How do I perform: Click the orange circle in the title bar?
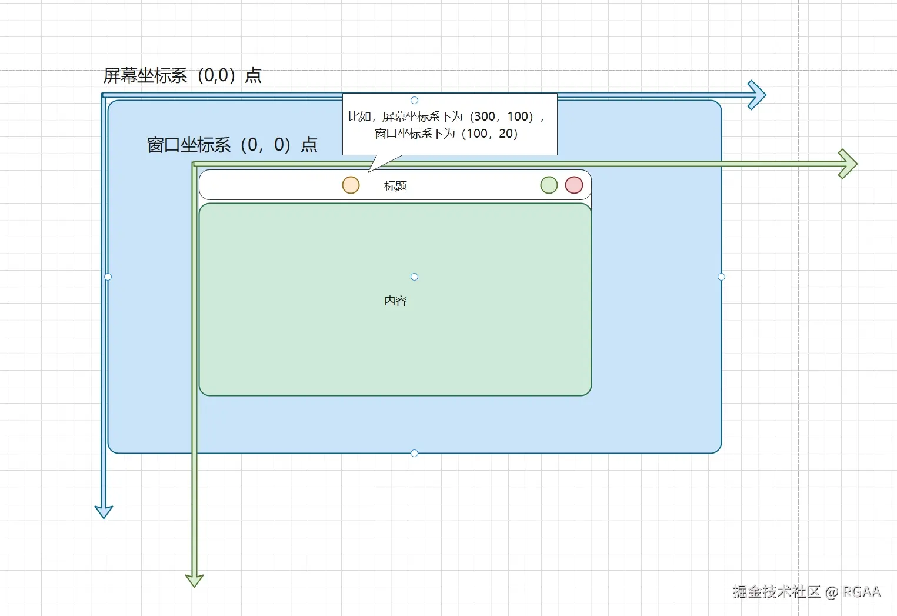[x=351, y=185]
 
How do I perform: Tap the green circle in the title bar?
[x=549, y=185]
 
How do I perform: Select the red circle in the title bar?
[x=574, y=185]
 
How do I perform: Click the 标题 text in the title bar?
[x=395, y=187]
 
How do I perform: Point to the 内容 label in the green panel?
[x=395, y=301]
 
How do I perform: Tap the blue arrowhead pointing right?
[x=757, y=95]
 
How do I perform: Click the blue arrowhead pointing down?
[x=104, y=511]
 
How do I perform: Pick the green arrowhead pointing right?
[x=848, y=164]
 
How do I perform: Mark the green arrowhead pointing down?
[x=194, y=580]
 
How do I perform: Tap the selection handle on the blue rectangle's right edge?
[x=721, y=277]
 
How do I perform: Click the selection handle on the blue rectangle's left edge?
[x=108, y=277]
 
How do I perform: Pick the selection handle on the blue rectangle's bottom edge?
[x=414, y=453]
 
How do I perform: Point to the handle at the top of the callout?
[x=414, y=101]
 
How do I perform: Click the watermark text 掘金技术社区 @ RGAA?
[x=806, y=592]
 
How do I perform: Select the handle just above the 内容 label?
[x=414, y=277]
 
